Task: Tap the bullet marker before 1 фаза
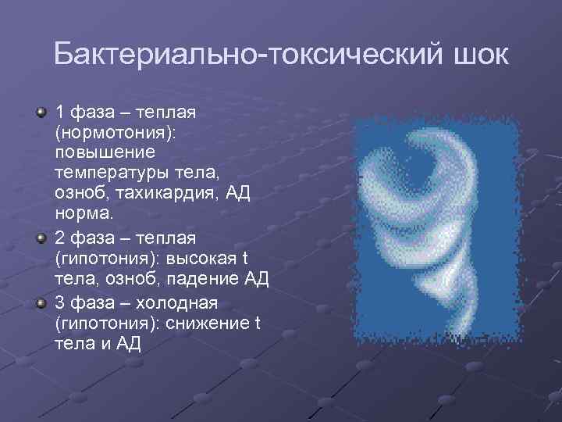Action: (41, 113)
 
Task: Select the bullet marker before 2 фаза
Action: (41, 238)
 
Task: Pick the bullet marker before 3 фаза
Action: (41, 302)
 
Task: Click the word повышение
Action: (105, 152)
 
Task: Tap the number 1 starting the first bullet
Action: (59, 113)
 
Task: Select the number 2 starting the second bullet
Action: (59, 238)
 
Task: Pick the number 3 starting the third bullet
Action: (59, 302)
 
